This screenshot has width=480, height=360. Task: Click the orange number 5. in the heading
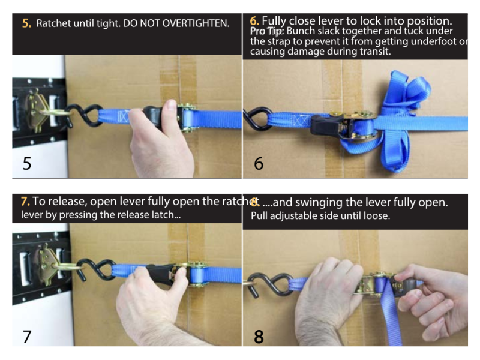pos(27,24)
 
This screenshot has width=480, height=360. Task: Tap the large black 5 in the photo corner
pos(27,163)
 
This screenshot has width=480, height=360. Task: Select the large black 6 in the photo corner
pos(259,163)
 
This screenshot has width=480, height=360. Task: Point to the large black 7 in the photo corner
pos(27,336)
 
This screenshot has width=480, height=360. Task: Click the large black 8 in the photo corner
pos(259,336)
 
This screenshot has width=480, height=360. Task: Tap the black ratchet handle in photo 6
pos(328,126)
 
